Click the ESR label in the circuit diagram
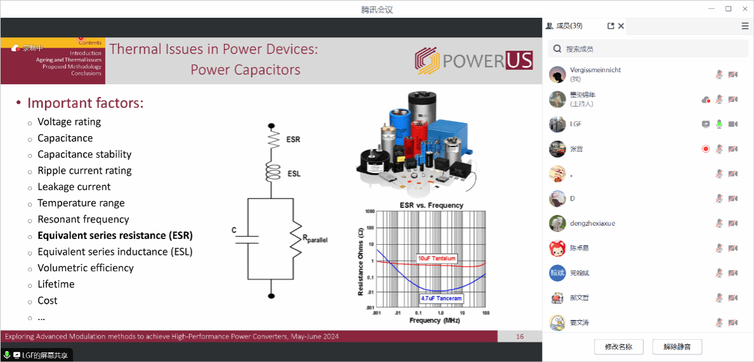293,139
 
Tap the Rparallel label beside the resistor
315,239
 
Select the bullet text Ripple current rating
84,171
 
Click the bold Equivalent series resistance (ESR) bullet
115,236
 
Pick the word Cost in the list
48,301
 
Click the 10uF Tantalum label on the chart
437,259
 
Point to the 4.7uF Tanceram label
441,298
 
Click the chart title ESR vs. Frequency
431,205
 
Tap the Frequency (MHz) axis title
434,320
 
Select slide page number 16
520,337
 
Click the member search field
647,49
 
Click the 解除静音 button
677,347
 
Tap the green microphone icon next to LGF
719,124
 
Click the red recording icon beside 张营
706,149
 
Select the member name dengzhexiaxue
592,223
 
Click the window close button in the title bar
744,9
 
